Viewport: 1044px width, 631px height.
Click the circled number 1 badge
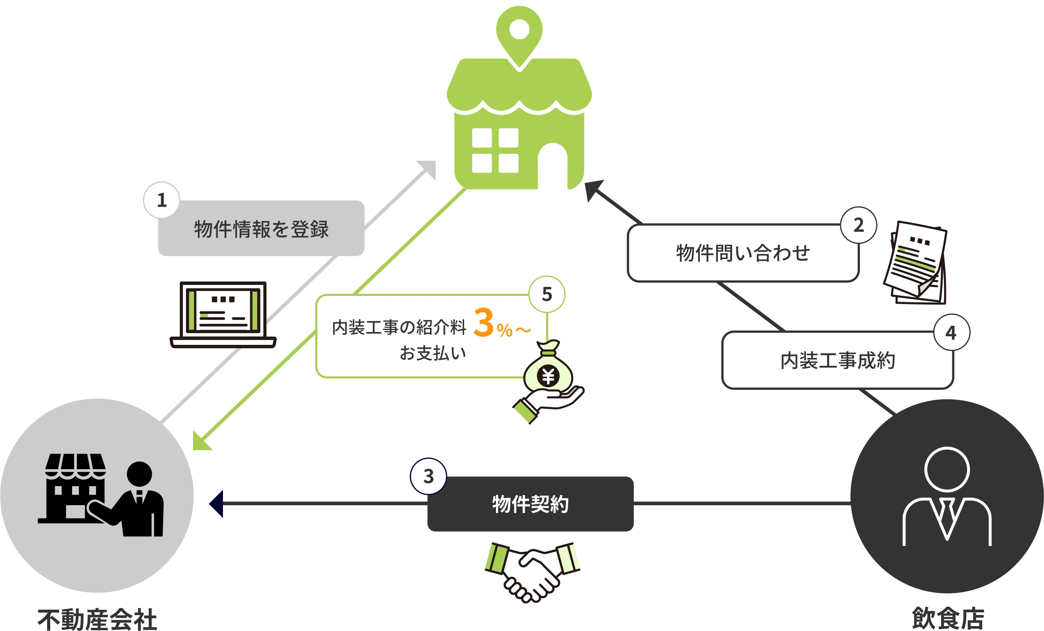162,200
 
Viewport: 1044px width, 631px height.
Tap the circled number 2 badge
858,225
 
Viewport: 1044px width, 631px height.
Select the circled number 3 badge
428,476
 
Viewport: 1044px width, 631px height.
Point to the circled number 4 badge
952,332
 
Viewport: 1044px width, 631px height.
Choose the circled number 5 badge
546,294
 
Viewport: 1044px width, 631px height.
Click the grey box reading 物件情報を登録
261,228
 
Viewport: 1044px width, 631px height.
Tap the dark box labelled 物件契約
531,504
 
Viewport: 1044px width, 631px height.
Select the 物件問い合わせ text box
743,253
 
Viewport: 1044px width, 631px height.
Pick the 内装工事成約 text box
838,360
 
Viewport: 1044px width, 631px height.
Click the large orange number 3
484,322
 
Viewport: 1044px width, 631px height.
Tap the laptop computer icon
223,315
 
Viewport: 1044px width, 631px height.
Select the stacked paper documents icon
915,262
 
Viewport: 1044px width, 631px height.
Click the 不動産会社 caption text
97,620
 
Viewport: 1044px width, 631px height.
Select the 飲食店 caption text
948,618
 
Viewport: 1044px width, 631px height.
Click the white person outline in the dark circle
947,496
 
